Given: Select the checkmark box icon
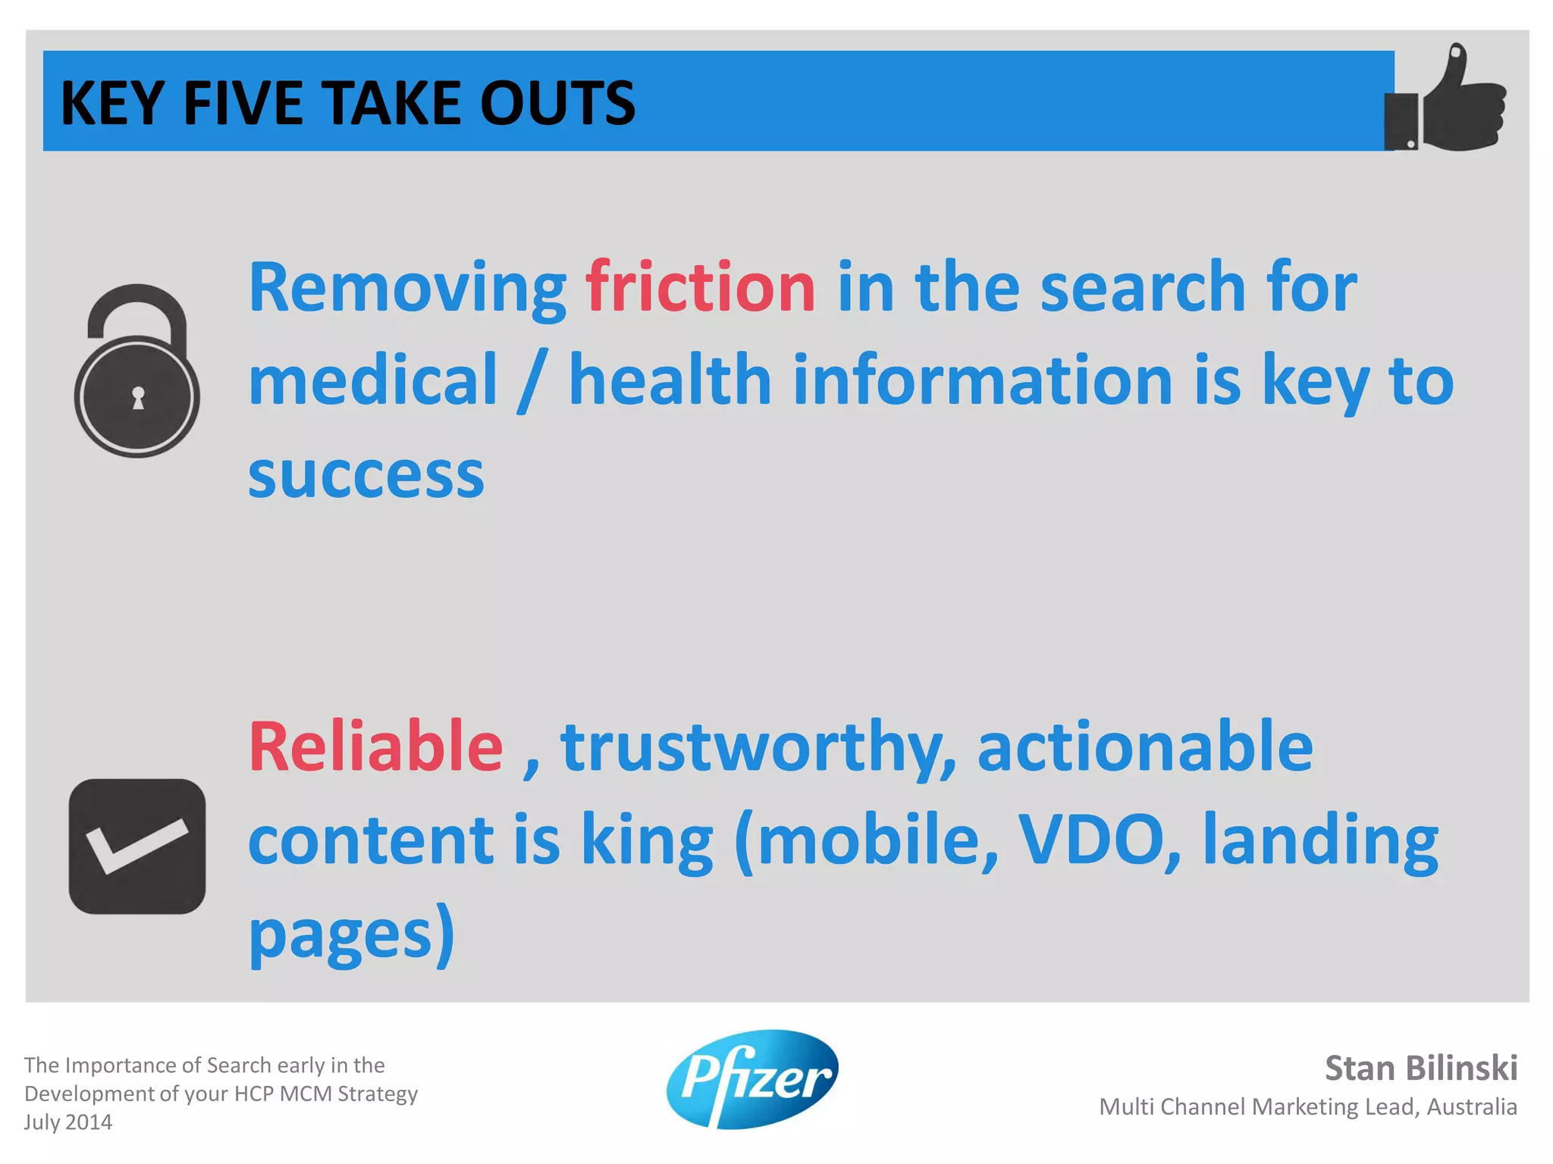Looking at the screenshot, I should click(x=137, y=846).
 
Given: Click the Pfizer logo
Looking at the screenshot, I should click(x=752, y=1078).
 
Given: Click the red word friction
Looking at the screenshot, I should click(x=700, y=287).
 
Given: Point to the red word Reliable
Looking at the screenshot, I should click(x=375, y=747).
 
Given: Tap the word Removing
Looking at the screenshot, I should click(x=407, y=289).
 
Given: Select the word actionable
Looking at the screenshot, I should click(x=1145, y=747).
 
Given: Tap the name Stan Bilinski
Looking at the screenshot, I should click(x=1420, y=1068).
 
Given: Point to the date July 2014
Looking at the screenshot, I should click(x=68, y=1122).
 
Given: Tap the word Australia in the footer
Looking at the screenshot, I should click(x=1471, y=1106).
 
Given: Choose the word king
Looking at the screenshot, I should click(x=647, y=841).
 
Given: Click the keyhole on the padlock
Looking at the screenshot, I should click(x=138, y=397).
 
